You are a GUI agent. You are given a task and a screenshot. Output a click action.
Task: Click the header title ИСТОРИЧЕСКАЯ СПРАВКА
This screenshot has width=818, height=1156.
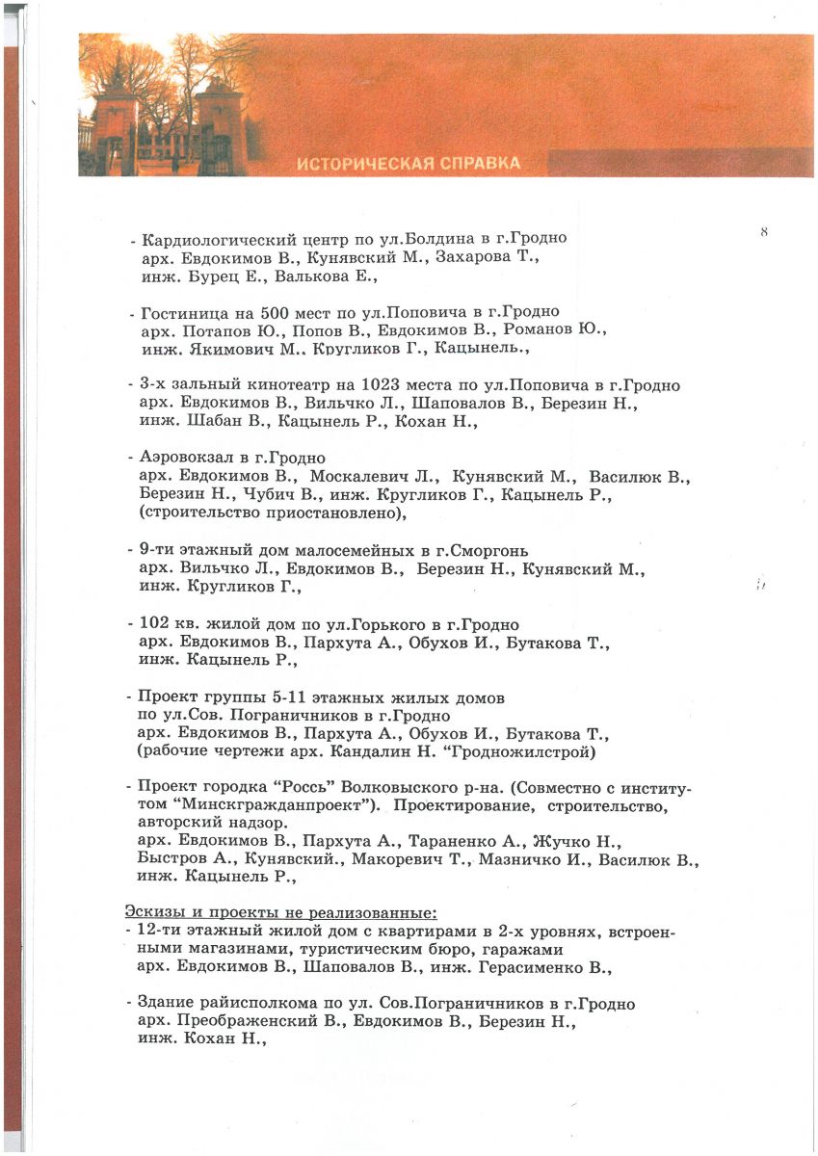(x=409, y=163)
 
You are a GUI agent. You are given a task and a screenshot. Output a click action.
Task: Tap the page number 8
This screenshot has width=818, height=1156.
(x=763, y=232)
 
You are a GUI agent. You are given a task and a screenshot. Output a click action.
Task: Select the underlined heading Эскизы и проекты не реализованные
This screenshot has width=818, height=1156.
(x=281, y=911)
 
